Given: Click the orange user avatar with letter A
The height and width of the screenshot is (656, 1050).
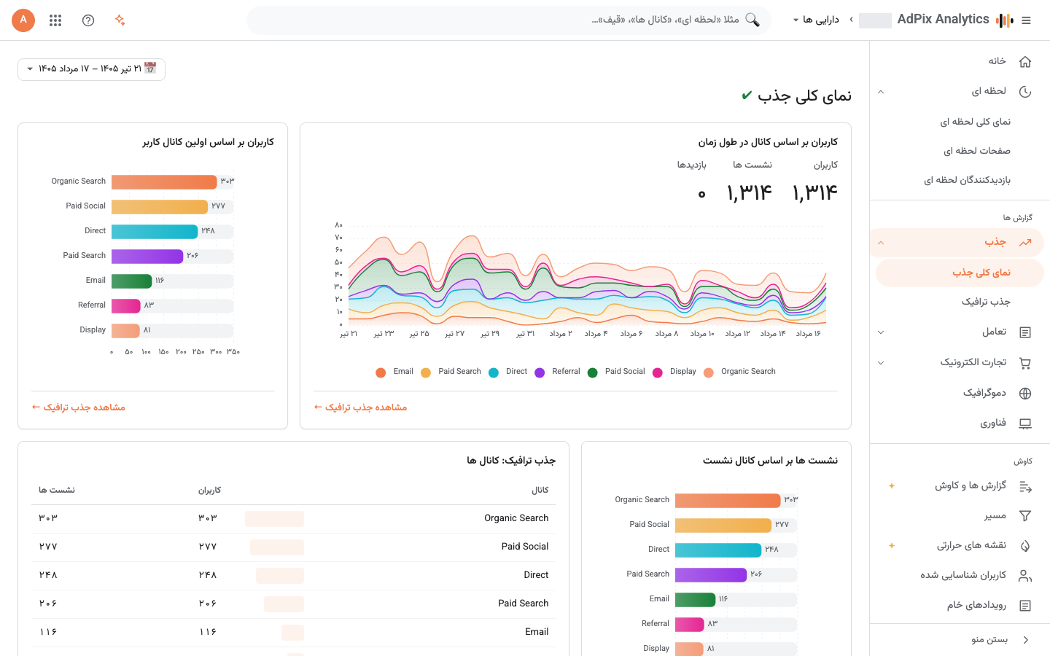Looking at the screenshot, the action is click(23, 20).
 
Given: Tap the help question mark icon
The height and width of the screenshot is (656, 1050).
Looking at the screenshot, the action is click(88, 20).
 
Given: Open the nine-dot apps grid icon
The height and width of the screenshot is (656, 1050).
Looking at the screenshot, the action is click(55, 20).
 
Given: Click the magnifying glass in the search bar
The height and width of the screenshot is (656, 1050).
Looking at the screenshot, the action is click(752, 20).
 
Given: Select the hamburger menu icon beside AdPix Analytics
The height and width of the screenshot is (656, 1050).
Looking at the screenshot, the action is click(1026, 20).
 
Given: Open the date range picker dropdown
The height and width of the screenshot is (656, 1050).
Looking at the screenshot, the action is click(91, 69).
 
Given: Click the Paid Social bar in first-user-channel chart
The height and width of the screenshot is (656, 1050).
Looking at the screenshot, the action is click(160, 206).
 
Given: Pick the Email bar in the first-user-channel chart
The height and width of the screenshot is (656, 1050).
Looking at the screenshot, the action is click(132, 281).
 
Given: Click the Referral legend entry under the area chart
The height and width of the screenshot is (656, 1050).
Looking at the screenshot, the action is click(558, 372).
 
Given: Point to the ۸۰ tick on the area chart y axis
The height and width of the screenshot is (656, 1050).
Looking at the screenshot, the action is click(338, 225).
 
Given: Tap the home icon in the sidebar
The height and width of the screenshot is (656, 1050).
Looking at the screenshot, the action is click(1025, 62).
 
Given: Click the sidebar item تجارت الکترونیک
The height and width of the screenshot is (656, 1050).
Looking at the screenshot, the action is click(973, 362).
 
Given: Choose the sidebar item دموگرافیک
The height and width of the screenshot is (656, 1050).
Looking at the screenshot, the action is click(984, 393).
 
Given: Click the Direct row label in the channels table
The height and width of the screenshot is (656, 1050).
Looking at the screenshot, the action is click(536, 575).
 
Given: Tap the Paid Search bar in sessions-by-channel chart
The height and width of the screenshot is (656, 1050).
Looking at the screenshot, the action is click(711, 574).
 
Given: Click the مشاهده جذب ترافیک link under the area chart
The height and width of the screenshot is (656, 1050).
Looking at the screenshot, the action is click(360, 407).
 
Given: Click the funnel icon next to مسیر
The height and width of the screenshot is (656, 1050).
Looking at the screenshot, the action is click(1025, 516).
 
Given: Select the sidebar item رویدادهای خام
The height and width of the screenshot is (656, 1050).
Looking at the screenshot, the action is click(976, 605).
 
